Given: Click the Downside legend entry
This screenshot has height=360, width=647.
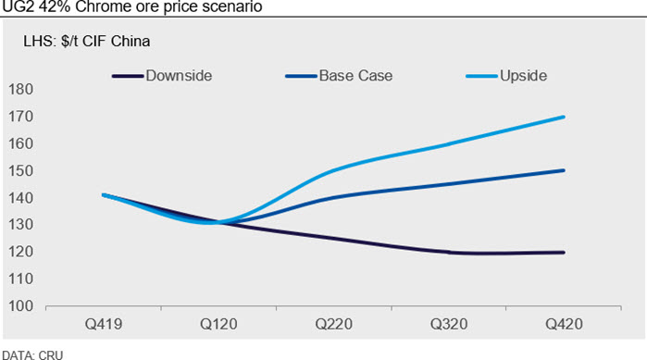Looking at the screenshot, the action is (162, 76).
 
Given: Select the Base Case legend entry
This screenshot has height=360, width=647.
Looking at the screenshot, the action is (339, 76).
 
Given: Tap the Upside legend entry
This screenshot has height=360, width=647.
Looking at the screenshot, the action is (506, 76).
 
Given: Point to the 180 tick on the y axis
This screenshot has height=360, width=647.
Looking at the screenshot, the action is (20, 90).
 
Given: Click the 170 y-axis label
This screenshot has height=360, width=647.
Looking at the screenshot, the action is (20, 117).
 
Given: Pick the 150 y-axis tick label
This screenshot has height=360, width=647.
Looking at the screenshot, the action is (20, 170).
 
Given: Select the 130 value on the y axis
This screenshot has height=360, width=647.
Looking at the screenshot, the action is (20, 225).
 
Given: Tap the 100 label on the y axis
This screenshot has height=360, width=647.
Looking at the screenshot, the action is (20, 306).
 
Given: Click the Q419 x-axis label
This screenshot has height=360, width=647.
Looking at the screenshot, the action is (104, 324).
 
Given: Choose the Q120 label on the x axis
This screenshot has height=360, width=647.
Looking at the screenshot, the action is (218, 324).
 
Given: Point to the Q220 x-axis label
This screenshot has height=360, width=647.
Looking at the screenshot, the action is (334, 324).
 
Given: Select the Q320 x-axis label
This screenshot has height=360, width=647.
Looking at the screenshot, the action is (449, 324).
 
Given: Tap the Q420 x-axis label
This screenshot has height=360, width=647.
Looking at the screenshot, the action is (564, 324).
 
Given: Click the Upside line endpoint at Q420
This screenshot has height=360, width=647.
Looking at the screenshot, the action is (564, 118).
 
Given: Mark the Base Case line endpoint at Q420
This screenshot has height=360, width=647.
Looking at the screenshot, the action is (564, 170).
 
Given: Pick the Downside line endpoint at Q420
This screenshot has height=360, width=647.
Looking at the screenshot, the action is (564, 253).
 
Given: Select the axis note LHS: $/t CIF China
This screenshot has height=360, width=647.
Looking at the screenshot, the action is (87, 42).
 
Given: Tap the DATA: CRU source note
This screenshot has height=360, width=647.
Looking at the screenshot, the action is (32, 355).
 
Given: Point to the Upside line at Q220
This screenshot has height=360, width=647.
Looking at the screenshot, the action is (334, 170).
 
